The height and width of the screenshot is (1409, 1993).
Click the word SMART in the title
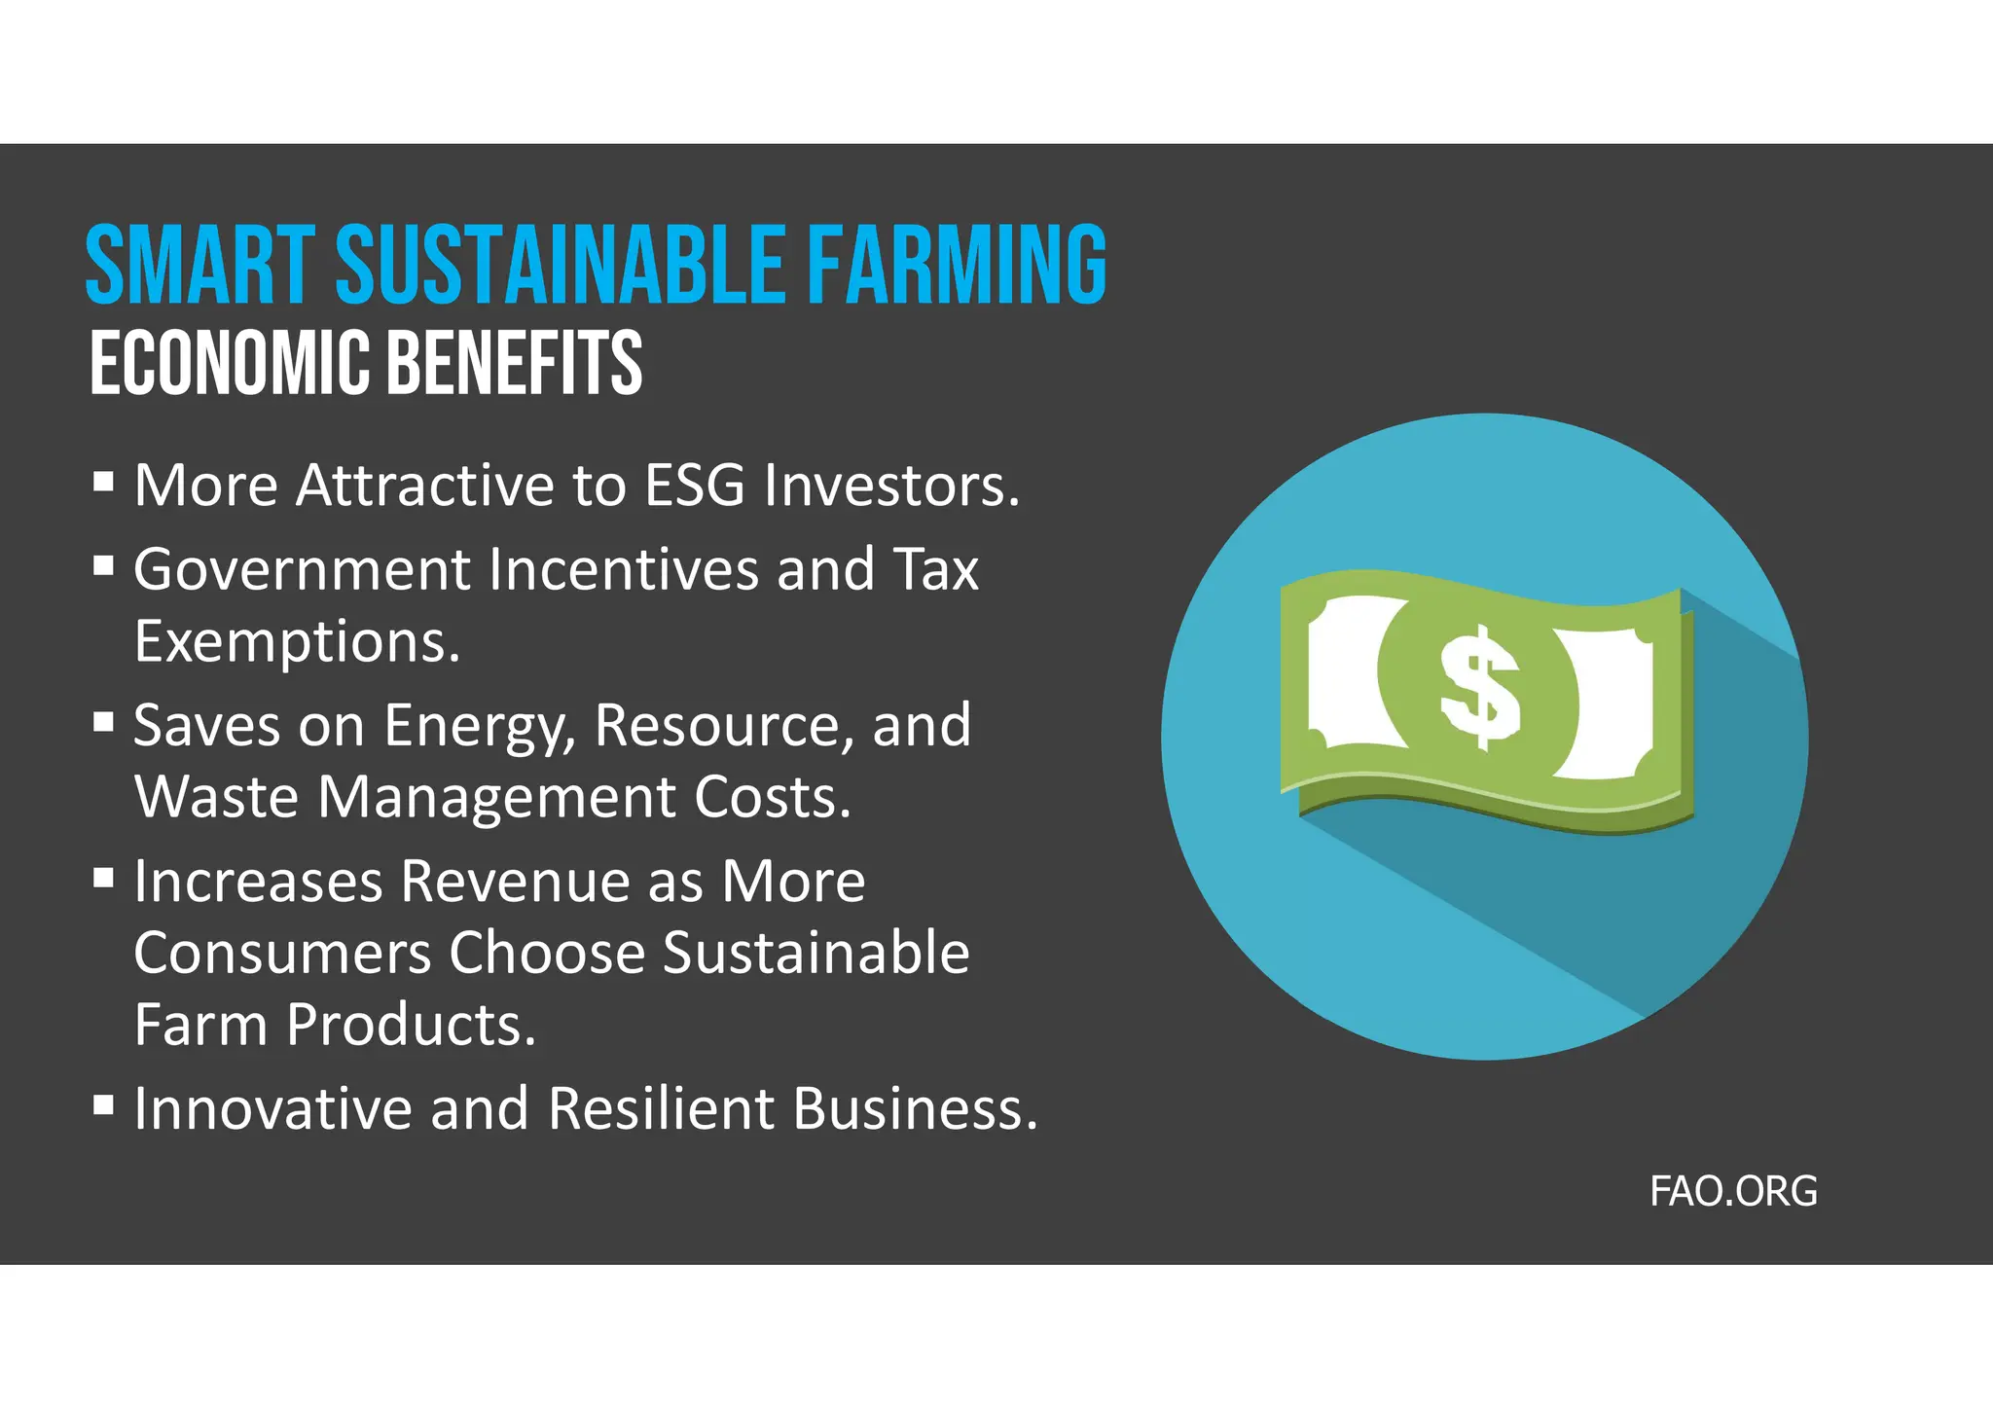click(x=200, y=265)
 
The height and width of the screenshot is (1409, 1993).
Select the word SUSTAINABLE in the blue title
click(x=561, y=265)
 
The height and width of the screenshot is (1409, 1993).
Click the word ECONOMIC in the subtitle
click(x=230, y=363)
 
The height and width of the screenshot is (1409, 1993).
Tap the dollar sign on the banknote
click(x=1479, y=687)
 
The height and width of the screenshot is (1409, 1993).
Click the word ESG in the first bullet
click(x=695, y=485)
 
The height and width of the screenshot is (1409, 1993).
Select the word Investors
click(x=891, y=485)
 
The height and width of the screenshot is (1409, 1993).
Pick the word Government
click(x=302, y=569)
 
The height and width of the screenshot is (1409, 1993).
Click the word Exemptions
click(x=297, y=642)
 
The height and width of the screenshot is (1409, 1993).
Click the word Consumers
click(x=282, y=953)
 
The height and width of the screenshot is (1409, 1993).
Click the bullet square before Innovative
click(x=104, y=1105)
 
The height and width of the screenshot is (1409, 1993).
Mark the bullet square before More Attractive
click(x=104, y=482)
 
